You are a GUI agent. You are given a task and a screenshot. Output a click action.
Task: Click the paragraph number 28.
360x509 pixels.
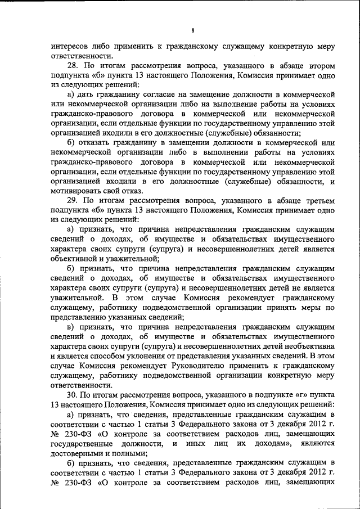click(x=73, y=65)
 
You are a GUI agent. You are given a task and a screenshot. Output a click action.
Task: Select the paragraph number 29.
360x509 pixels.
click(x=73, y=200)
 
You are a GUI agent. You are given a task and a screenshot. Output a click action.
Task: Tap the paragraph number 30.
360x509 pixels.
click(x=73, y=395)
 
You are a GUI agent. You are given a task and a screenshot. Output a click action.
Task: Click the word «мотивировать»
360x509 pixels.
click(x=76, y=191)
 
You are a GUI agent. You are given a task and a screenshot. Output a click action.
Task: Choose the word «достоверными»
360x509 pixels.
click(x=78, y=454)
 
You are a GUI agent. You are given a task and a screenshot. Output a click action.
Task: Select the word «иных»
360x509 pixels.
click(x=192, y=444)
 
